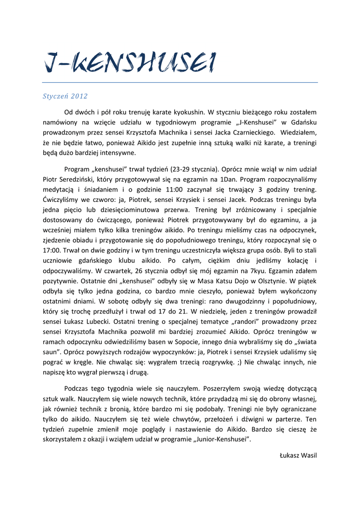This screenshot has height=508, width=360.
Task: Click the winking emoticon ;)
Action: coord(240,362)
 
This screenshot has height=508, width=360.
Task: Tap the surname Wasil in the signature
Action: coord(308,455)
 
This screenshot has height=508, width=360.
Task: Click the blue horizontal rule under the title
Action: coord(180,83)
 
